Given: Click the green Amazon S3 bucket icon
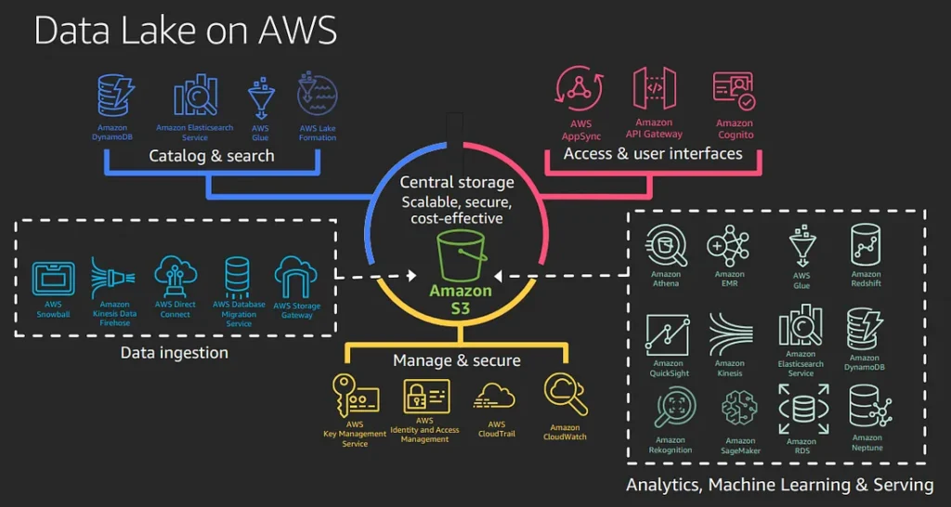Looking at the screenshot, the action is coord(462,254).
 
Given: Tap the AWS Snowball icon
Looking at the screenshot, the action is coord(53,279).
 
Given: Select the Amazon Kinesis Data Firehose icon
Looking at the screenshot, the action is coord(112,279).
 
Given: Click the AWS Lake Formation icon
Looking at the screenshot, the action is coord(318,96).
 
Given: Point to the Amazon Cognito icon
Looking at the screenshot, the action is coord(734,92).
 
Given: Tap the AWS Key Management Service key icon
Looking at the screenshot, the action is coord(356,395).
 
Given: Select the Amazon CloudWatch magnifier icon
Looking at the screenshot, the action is coord(566,395).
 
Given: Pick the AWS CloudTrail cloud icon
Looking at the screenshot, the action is coord(494,396).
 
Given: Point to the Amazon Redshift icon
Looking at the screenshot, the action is coord(866,245).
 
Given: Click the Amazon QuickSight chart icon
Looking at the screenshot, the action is coord(668,334).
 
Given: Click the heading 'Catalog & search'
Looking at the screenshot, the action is coord(212,156).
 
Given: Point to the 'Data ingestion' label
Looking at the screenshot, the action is coord(174,352).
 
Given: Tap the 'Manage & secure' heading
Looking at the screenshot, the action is coord(457,361).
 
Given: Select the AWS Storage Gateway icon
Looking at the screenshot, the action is coord(296,278).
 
